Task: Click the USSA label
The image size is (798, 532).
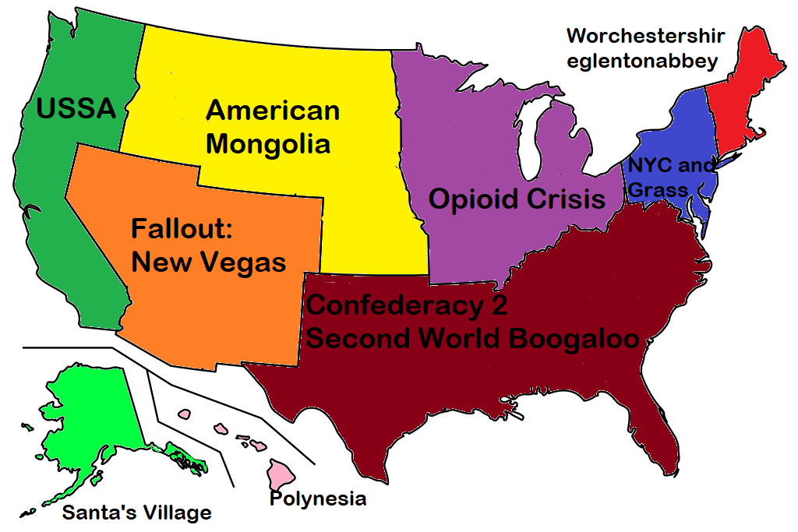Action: point(76,108)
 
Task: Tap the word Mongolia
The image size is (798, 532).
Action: point(268,144)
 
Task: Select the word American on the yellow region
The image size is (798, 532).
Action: point(273,111)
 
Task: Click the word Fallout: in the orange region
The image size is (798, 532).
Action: point(182,230)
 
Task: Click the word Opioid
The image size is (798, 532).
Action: point(474,199)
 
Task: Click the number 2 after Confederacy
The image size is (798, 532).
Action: point(498,305)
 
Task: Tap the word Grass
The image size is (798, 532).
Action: point(658,190)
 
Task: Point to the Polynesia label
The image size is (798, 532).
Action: point(317,499)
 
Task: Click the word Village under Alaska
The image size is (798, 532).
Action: point(175,513)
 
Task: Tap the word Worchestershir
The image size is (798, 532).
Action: point(645,36)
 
